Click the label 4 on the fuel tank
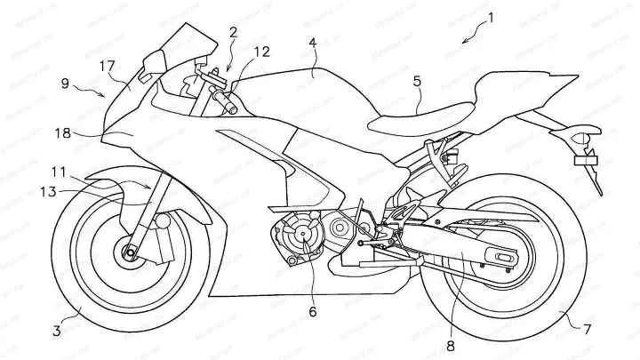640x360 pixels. pyautogui.click(x=313, y=42)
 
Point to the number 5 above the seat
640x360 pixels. pyautogui.click(x=417, y=79)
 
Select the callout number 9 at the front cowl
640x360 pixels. pyautogui.click(x=65, y=82)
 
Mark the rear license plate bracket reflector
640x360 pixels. pyautogui.click(x=561, y=161)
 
